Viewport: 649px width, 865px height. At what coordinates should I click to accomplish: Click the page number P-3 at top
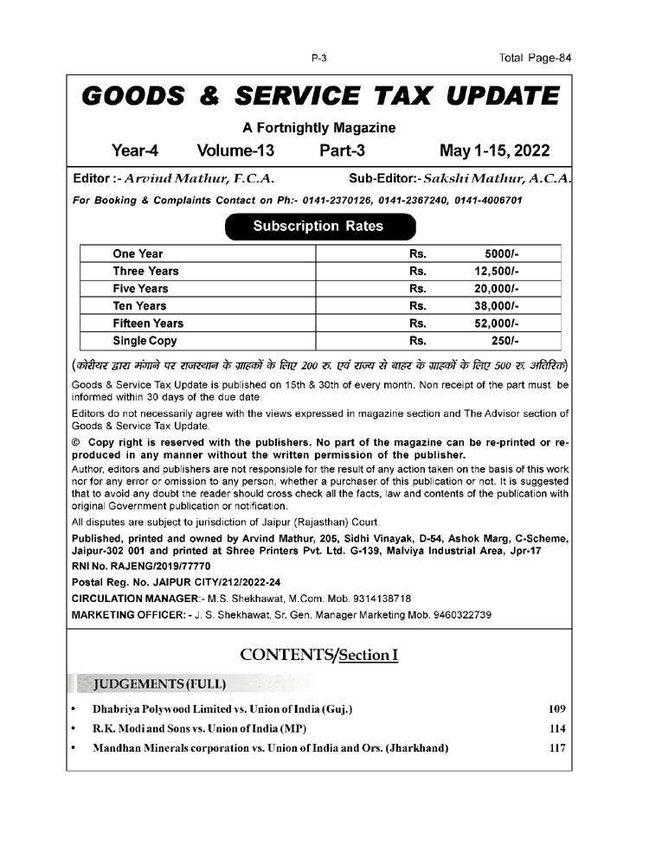point(318,58)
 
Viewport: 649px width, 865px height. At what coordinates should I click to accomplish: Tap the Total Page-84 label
point(536,58)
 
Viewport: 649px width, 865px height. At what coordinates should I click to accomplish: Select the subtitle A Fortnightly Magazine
point(318,127)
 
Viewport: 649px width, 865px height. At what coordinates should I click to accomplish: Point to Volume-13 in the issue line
point(235,151)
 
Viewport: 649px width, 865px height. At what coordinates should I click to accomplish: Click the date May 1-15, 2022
point(494,151)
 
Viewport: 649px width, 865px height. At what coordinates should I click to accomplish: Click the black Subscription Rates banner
point(318,227)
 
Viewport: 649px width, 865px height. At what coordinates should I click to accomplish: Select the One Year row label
point(138,254)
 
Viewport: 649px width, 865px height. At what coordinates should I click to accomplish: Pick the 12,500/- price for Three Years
point(490,272)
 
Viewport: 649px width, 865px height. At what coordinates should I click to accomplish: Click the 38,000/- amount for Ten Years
point(490,306)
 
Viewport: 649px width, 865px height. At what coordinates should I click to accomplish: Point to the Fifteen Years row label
point(148,324)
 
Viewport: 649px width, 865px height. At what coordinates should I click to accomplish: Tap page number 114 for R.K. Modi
point(557,729)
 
